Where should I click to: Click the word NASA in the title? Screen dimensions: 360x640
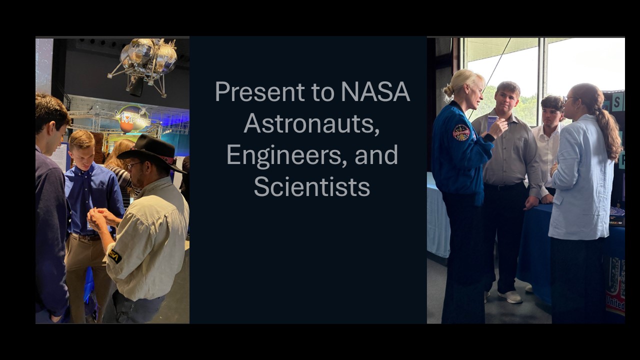(x=375, y=92)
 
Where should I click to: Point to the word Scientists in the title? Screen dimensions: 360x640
(x=311, y=186)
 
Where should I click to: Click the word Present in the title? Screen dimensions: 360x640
(x=259, y=92)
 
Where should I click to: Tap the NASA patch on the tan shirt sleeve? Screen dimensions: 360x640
(x=114, y=256)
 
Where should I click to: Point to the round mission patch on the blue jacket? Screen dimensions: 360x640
(x=461, y=132)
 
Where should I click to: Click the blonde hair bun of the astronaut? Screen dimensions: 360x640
(x=448, y=90)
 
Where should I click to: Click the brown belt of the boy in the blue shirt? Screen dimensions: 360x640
(x=88, y=237)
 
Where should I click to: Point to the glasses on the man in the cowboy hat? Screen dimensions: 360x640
(x=133, y=165)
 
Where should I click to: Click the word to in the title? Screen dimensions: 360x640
(x=322, y=92)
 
